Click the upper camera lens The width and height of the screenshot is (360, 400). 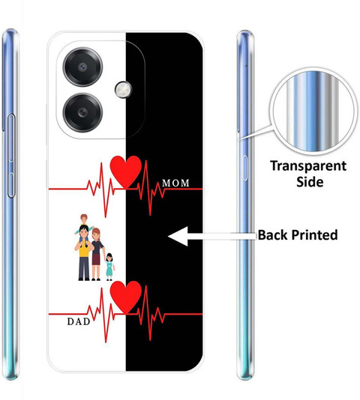pos(82,67)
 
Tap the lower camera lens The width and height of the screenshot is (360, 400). pos(82,112)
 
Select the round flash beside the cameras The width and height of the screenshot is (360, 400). pos(123,90)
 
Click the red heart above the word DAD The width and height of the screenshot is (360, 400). pos(126,297)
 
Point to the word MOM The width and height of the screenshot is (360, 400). pos(175,184)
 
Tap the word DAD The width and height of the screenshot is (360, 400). pos(79,321)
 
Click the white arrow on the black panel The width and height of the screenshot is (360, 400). pos(212,236)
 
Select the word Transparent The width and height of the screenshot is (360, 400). pos(308,166)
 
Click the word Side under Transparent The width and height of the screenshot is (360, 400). pos(310,181)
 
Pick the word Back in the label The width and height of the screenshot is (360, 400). pos(273,234)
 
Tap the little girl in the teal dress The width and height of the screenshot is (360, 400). pos(109,267)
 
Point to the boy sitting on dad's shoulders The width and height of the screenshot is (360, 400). pos(83,225)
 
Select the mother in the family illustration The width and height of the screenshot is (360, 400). pos(97,255)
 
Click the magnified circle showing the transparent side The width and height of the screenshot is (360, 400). pos(313,112)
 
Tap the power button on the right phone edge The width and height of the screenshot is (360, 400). pos(244,168)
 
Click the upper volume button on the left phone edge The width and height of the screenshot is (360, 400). pos(11,138)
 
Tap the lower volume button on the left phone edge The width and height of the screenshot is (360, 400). pos(11,185)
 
